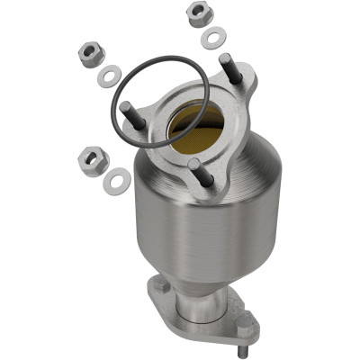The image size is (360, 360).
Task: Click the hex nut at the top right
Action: point(197,14)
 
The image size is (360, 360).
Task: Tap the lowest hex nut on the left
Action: point(94,161)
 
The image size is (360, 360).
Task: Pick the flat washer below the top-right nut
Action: point(214,37)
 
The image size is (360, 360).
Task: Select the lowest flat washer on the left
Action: point(116,181)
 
